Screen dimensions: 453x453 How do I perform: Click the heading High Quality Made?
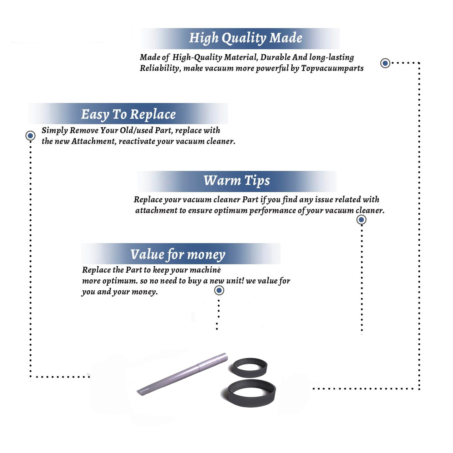(246, 38)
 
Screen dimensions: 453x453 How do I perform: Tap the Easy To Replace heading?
(128, 115)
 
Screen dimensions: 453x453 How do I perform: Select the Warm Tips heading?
(237, 181)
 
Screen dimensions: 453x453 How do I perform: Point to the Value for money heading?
(178, 255)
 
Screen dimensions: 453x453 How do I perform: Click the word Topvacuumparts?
(332, 69)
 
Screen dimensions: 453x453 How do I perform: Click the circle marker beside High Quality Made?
(385, 63)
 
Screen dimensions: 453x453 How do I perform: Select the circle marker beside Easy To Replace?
(30, 136)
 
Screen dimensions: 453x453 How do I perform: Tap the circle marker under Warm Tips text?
(361, 220)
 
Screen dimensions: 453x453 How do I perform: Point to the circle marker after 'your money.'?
(219, 291)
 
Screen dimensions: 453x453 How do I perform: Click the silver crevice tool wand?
(182, 374)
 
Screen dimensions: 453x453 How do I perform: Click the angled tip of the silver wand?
(139, 392)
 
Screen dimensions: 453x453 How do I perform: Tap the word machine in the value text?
(205, 270)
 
